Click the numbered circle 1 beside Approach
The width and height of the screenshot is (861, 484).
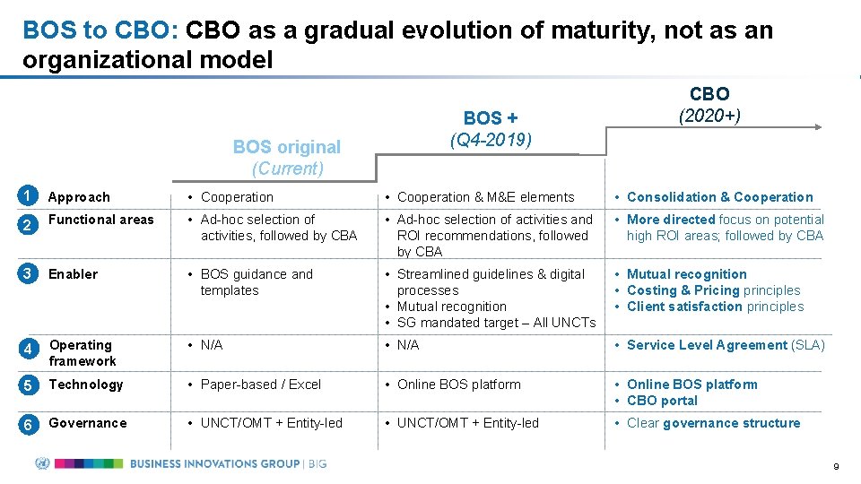tap(29, 196)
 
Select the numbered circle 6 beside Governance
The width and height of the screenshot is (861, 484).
tap(29, 424)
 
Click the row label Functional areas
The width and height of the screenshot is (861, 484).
tap(101, 220)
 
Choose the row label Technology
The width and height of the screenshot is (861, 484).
tap(86, 385)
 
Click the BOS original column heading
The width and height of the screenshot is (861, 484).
tap(287, 147)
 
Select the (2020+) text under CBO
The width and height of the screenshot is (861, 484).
tap(709, 116)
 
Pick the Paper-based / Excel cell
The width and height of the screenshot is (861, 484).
tap(260, 385)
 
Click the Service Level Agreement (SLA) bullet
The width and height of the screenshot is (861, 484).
tap(726, 345)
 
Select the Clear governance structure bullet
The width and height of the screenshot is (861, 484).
tap(713, 423)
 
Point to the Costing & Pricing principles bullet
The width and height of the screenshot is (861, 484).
tap(713, 290)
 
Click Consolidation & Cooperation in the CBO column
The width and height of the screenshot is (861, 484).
tap(719, 197)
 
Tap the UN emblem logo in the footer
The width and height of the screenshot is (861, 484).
tap(42, 463)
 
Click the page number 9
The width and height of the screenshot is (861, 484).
tap(835, 467)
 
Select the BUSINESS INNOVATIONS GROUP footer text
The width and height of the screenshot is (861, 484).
tap(215, 463)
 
